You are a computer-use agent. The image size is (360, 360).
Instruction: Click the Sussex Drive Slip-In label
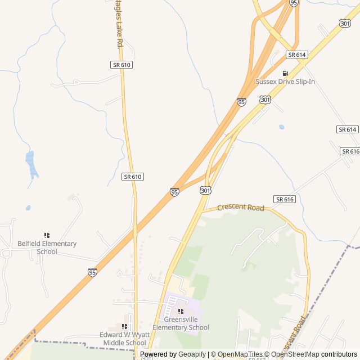pos(285,82)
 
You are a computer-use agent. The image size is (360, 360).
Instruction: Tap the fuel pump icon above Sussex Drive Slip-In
pos(285,73)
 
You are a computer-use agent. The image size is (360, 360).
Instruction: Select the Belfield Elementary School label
pos(47,247)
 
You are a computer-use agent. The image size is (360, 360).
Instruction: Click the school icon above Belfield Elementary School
pos(47,235)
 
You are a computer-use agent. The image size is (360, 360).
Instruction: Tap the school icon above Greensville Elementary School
pos(181,311)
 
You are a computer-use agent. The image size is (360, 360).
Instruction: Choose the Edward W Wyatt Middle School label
pos(123,339)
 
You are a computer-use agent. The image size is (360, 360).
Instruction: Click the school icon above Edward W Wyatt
pos(124,326)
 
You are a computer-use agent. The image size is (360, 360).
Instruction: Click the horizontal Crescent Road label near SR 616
pos(240,208)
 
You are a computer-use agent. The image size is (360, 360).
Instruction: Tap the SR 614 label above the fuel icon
pos(296,55)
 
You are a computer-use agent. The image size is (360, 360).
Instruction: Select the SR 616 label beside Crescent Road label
pos(285,199)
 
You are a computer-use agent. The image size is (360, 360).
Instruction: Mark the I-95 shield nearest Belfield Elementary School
pos(92,272)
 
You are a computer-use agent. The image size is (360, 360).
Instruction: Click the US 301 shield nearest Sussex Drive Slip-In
pos(265,100)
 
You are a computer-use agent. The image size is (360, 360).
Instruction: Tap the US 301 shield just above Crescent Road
pos(205,191)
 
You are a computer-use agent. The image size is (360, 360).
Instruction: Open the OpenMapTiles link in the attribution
pos(240,354)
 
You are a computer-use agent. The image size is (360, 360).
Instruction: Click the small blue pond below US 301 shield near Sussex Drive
pos(281,127)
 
